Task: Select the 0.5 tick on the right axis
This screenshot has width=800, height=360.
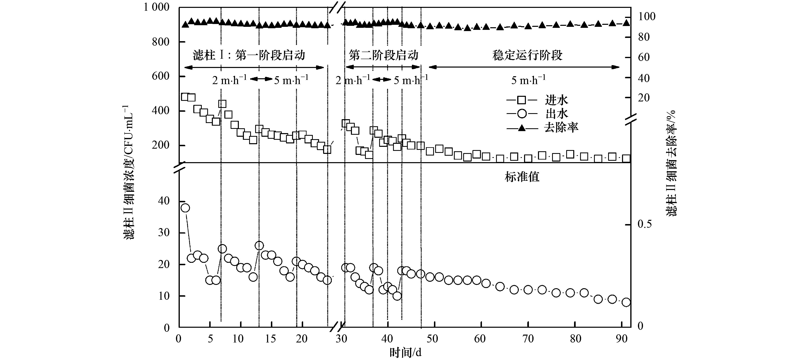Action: tap(644, 224)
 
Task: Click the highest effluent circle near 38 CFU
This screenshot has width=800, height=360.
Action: tap(185, 208)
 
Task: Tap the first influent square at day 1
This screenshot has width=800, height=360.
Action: tap(185, 97)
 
